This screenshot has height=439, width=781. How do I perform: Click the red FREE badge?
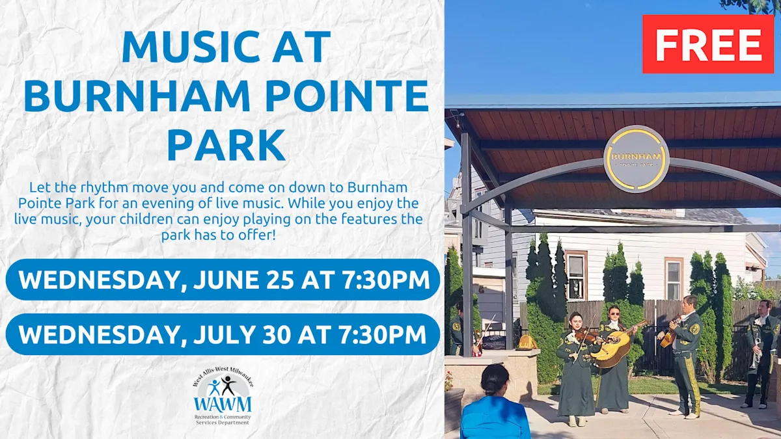708,44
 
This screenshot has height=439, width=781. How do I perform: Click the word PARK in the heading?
226,145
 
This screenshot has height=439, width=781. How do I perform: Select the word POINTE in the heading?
347,96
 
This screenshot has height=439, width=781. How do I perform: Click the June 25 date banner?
223,280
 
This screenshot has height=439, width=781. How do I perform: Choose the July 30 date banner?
223,334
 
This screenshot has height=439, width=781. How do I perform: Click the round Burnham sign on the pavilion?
637,159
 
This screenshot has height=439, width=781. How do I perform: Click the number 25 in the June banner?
280,280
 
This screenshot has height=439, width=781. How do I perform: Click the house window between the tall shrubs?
576,275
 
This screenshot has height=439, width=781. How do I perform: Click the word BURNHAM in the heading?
137,96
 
